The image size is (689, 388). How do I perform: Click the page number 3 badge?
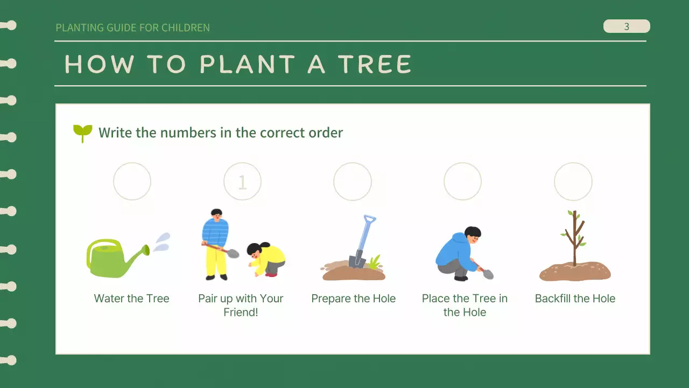point(627,26)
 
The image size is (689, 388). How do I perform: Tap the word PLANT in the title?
point(247,65)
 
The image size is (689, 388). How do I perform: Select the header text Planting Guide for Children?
point(133,27)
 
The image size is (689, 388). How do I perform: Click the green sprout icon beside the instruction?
point(82,133)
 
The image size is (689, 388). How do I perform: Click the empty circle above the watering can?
point(132,182)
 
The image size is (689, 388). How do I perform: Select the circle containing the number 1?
point(242,182)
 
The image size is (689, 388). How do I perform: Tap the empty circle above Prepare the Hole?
point(353,182)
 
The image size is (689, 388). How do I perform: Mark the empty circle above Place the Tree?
point(462,182)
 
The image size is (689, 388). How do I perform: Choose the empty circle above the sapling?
point(573,182)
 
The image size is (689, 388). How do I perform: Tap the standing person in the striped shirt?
point(216,242)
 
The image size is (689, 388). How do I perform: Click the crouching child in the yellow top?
point(266,259)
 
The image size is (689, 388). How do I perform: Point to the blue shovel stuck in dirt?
point(361,242)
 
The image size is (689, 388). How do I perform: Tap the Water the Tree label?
point(132,299)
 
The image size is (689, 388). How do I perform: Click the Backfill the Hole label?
point(575,299)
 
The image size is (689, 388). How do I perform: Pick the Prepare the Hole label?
point(354,299)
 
